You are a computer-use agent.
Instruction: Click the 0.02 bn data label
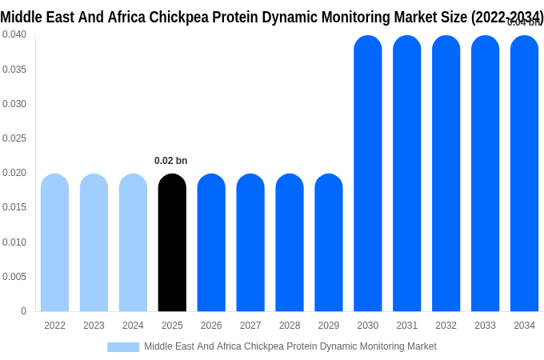click(x=170, y=161)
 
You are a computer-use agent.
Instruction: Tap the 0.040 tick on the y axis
click(x=14, y=34)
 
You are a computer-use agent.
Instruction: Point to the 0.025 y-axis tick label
click(x=14, y=138)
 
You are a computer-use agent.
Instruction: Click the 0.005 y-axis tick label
click(x=14, y=277)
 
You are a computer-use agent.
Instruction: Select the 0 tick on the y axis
click(x=23, y=311)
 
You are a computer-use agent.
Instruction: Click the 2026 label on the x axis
click(x=211, y=326)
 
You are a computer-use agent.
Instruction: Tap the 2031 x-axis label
click(x=406, y=326)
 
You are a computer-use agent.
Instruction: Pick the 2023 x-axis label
click(x=94, y=326)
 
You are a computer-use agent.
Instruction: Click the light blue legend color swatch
click(x=123, y=346)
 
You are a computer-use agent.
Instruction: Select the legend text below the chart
click(x=290, y=346)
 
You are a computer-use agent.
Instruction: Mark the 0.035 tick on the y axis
click(x=14, y=70)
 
